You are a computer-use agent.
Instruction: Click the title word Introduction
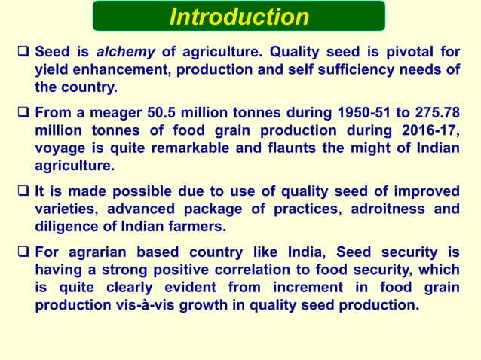[239, 17]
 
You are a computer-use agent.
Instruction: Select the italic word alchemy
[128, 52]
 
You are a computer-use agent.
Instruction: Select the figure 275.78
[431, 113]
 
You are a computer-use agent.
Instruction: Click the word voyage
[61, 148]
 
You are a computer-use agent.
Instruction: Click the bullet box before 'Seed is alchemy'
[23, 53]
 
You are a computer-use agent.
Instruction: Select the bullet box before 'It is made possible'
[23, 192]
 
